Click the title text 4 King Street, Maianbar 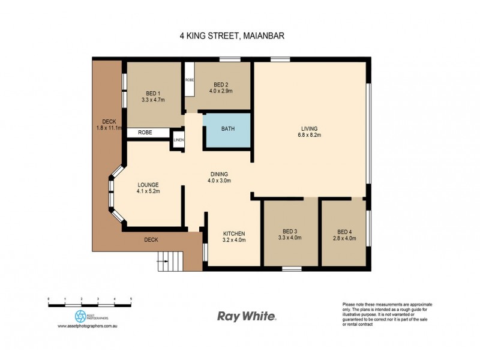(x=232, y=35)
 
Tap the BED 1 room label (x=153, y=97)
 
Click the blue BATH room (x=227, y=129)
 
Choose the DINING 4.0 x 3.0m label (x=219, y=177)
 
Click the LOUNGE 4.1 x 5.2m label (x=148, y=188)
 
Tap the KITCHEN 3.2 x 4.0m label (x=234, y=236)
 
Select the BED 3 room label (x=290, y=234)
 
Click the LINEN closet (x=179, y=140)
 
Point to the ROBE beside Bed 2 (x=190, y=79)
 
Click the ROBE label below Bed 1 (x=145, y=132)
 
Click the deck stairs (x=170, y=260)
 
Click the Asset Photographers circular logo (x=80, y=316)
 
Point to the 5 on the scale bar (x=131, y=298)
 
